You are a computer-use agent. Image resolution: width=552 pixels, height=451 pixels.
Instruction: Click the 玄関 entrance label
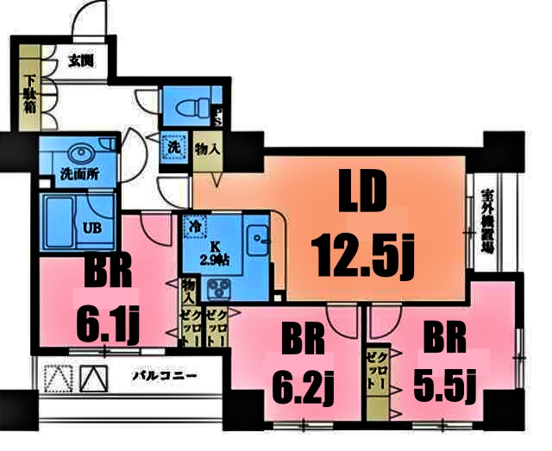[x=80, y=61]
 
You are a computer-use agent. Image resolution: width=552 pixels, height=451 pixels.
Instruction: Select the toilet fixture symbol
[x=188, y=108]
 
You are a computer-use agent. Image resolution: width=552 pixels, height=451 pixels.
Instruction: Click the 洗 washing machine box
[x=173, y=147]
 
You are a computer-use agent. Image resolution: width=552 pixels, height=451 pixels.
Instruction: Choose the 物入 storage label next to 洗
[x=206, y=148]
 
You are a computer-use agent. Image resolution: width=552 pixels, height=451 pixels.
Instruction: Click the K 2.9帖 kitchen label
[x=212, y=254]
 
